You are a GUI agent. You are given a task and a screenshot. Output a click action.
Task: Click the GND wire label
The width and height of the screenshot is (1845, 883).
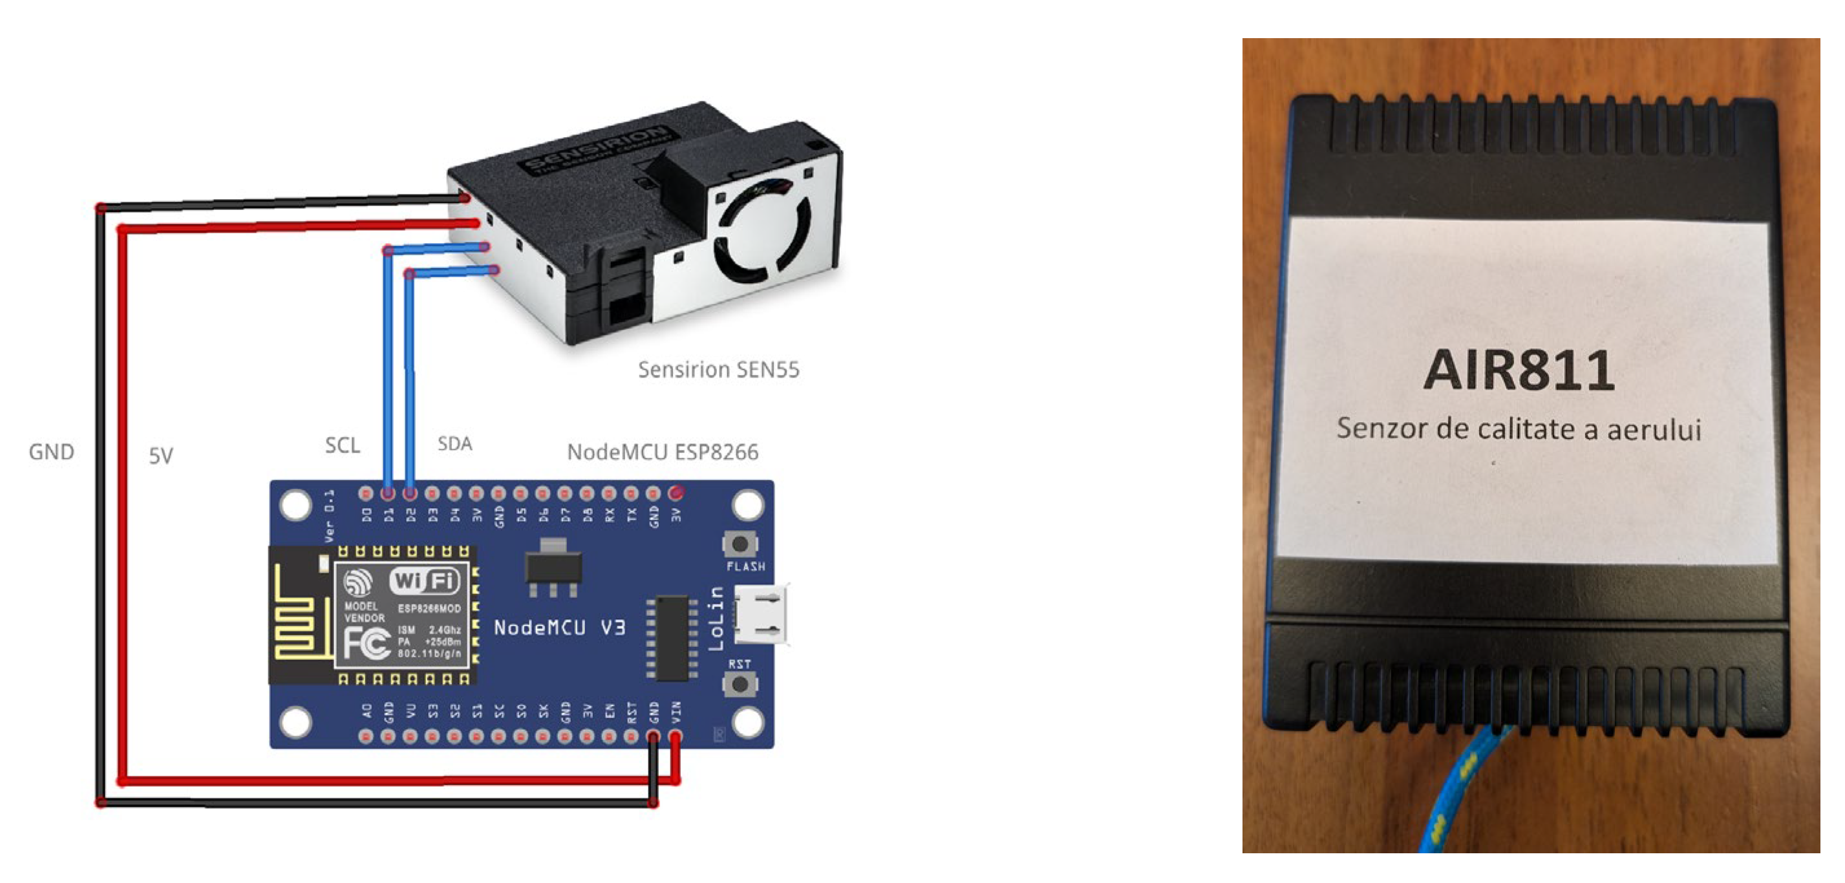(x=51, y=452)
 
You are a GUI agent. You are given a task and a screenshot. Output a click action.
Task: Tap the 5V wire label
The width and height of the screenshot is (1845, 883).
(x=160, y=456)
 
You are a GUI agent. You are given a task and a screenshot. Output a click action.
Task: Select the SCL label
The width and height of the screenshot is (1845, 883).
(x=343, y=445)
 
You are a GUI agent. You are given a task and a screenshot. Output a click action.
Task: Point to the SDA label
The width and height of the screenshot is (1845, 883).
(x=455, y=444)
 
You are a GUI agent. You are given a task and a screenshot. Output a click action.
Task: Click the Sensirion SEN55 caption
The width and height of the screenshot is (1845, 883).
(x=718, y=370)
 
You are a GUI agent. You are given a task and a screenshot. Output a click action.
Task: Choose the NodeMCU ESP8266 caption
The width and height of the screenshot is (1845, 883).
(x=663, y=452)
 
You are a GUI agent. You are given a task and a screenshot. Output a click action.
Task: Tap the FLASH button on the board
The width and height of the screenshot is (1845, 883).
(x=740, y=545)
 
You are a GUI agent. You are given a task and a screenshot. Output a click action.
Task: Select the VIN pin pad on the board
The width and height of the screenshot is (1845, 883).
(x=676, y=736)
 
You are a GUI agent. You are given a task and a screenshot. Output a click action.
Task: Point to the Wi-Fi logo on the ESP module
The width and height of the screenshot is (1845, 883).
(x=424, y=580)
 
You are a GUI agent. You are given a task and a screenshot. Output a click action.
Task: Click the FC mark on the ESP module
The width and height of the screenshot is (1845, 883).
(x=366, y=643)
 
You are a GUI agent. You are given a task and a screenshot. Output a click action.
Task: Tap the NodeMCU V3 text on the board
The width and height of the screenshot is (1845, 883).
(x=559, y=628)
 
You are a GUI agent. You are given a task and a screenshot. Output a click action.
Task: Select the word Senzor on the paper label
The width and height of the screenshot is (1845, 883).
(x=1376, y=429)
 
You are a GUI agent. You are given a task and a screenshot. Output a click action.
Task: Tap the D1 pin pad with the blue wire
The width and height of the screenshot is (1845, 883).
(x=388, y=493)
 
